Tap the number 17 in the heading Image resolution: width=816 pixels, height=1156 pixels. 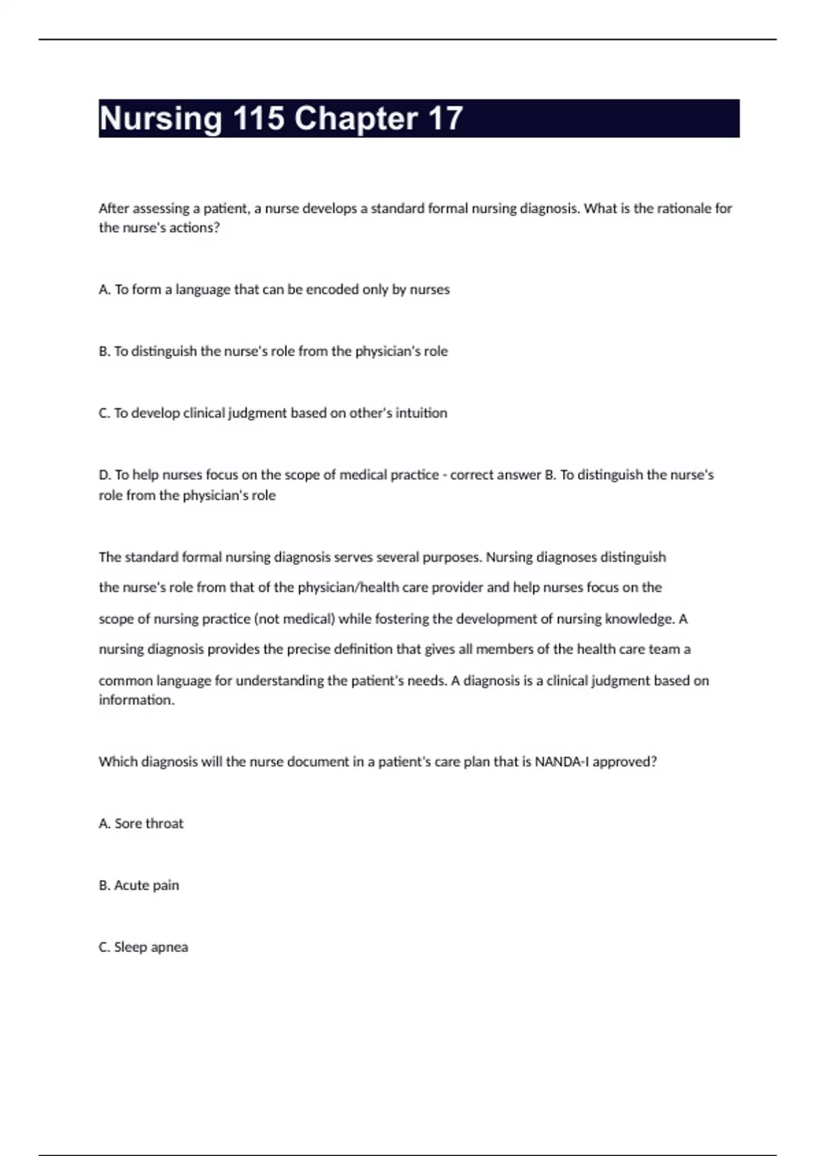pos(445,119)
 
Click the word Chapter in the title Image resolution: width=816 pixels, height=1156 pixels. pos(356,119)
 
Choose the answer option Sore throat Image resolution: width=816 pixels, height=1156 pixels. pos(141,823)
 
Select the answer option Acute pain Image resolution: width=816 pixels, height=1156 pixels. pos(139,885)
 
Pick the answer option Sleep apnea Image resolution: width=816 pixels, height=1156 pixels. pos(143,947)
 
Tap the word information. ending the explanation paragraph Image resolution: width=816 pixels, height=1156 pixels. pos(137,700)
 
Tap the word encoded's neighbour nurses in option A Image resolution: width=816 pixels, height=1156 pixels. pos(429,290)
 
